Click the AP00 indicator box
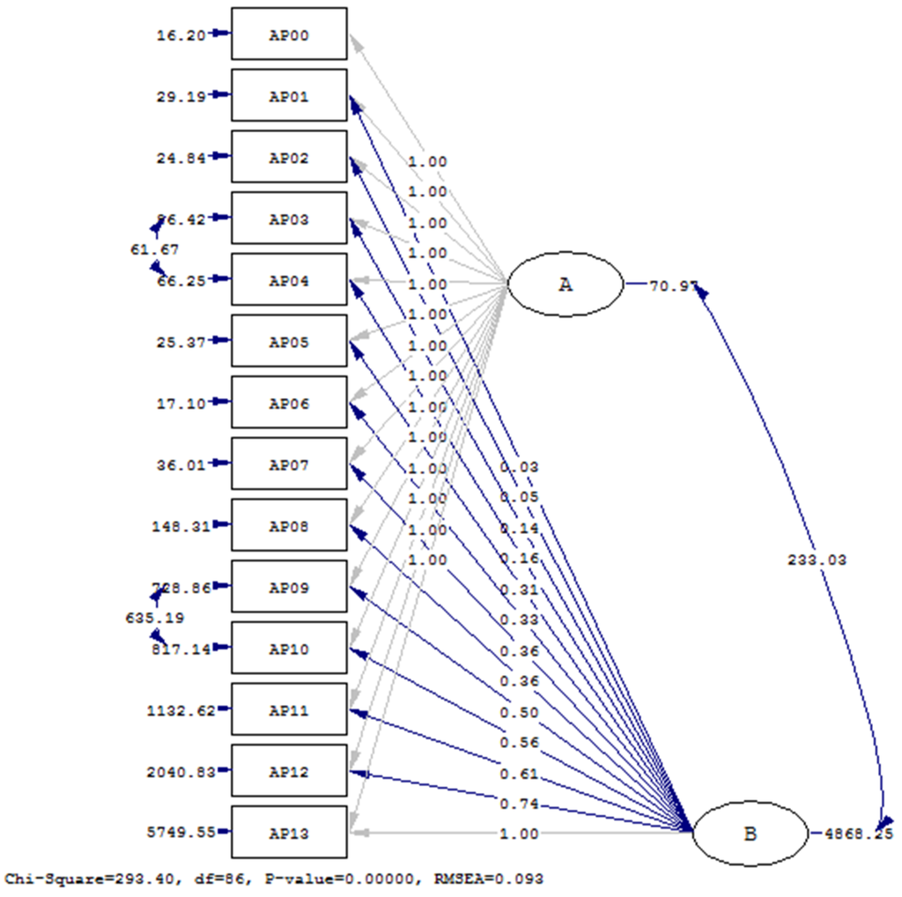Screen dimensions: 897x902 289,34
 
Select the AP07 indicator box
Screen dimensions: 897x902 289,463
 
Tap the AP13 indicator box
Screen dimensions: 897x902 289,832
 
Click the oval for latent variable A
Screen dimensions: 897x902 565,285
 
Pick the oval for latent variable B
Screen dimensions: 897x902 750,833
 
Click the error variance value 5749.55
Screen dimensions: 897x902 181,832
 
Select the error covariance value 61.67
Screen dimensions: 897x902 154,249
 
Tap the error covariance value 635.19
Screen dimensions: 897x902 154,618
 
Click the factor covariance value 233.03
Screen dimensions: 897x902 817,560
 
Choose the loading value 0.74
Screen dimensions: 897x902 518,804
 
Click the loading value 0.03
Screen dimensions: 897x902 518,467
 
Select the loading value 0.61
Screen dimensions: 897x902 518,774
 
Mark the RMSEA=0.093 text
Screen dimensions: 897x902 499,878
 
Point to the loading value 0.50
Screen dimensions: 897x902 518,712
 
